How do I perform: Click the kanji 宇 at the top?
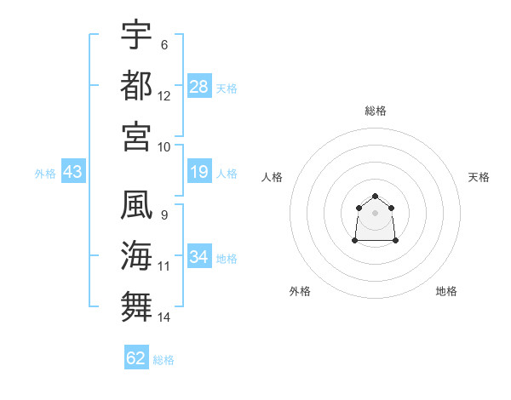coord(136,34)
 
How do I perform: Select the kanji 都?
coord(136,85)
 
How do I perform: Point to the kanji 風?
coord(136,204)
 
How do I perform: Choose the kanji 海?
coord(136,255)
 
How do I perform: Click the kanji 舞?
coord(136,306)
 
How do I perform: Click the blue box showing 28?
coord(199,86)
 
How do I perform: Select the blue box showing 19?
coord(199,171)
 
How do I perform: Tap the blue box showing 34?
coord(199,255)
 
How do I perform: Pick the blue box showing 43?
coord(73,171)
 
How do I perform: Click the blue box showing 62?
coord(136,357)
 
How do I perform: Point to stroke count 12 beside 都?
coord(164,96)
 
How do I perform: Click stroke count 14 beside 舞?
coord(164,317)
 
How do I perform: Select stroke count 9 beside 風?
coord(164,215)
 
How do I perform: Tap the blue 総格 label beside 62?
coord(164,360)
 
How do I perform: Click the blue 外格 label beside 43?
coord(45,174)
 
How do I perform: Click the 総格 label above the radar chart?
coord(376,111)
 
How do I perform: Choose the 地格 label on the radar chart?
coord(446,291)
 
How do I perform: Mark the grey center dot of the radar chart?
coord(375,213)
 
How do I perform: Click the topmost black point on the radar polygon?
coord(375,196)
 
